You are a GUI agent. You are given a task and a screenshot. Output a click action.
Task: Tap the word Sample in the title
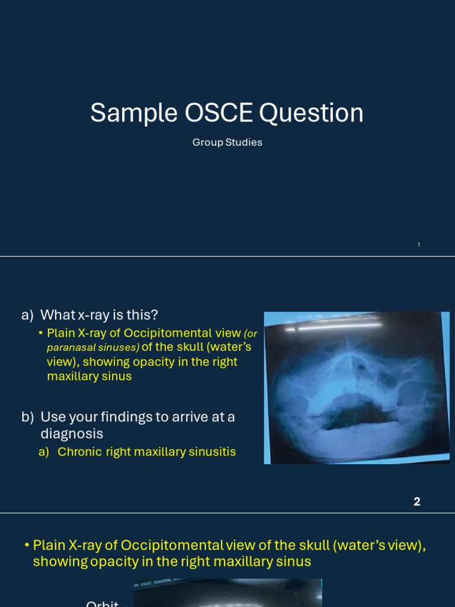(134, 113)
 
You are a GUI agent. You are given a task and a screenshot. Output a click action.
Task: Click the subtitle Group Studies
(227, 142)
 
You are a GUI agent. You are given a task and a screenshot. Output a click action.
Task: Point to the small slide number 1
(419, 244)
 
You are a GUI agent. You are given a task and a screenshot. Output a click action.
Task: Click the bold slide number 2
(417, 501)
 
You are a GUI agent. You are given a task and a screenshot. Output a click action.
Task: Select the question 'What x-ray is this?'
(99, 315)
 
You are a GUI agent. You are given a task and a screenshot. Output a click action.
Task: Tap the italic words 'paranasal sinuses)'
(93, 347)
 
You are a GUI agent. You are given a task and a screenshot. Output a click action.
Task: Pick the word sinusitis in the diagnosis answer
(212, 452)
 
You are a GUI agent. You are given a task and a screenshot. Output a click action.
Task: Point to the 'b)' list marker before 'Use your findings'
(27, 417)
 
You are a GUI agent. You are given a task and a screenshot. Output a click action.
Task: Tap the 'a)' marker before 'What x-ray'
(27, 315)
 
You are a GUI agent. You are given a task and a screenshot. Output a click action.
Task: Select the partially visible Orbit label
(102, 603)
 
